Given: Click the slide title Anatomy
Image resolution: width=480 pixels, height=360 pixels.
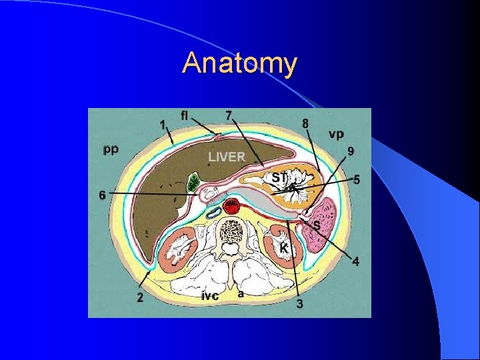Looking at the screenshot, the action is tap(240, 63).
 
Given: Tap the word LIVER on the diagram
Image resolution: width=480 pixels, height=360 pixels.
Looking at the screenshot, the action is tap(227, 157).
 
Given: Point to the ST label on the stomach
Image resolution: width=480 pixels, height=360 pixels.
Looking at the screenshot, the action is tap(279, 177).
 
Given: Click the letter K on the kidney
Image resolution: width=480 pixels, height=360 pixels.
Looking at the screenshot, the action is tap(283, 248).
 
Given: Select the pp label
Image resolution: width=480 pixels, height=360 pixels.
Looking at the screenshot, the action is tap(111, 149).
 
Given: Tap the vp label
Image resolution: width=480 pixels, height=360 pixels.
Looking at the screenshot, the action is tap(336, 134).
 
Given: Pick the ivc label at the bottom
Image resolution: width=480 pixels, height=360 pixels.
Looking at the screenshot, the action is tap(210, 296).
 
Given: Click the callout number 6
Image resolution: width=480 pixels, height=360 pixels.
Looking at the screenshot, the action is tap(102, 195).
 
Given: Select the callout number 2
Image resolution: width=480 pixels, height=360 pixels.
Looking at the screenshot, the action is tap(140, 297).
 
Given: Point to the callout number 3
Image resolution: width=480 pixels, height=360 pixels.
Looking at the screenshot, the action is tap(300, 304).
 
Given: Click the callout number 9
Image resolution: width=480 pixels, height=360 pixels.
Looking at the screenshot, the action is tap(351, 151).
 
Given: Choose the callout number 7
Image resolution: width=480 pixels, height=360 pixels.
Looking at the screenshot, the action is tap(229, 115).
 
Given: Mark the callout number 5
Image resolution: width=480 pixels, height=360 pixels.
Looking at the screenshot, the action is tap(357, 179).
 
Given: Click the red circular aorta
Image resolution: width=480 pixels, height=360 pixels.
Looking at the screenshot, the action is tap(231, 207).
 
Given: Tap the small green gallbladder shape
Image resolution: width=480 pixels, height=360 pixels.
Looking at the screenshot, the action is tap(195, 181).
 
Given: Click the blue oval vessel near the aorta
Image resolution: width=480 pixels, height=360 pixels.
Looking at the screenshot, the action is tap(214, 212).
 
